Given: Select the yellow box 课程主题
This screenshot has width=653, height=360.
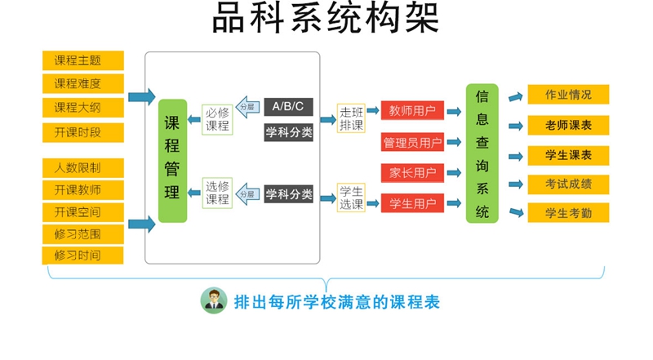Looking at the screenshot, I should [x=82, y=60].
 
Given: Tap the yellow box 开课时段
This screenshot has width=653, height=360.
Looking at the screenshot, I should [x=82, y=132].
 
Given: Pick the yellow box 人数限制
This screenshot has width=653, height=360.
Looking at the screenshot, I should [x=82, y=168].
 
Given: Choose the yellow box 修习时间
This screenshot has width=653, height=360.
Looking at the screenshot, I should [x=82, y=255].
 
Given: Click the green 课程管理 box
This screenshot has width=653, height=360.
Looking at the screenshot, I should [x=172, y=160].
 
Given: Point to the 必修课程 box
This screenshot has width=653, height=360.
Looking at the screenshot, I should [x=217, y=120].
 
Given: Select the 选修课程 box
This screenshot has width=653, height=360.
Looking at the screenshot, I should [x=217, y=193].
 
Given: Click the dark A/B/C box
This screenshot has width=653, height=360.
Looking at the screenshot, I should [x=288, y=107].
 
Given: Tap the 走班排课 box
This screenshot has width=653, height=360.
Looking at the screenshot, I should [x=352, y=119].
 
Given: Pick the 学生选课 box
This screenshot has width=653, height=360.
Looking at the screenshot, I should [x=352, y=197].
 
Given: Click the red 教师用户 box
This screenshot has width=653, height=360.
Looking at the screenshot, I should [x=412, y=110].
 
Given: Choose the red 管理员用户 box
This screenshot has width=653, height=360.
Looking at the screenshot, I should [x=412, y=143].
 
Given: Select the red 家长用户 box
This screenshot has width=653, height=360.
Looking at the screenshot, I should [x=412, y=172].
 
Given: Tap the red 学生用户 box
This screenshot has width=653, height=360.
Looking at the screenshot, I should [x=412, y=202].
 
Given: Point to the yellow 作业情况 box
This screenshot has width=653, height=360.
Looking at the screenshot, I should [x=568, y=95].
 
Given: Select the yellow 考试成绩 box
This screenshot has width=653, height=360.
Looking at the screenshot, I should [x=568, y=184].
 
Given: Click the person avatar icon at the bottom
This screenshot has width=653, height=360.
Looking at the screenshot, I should [x=214, y=301].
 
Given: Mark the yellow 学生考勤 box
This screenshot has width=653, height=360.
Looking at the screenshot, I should [x=568, y=214].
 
